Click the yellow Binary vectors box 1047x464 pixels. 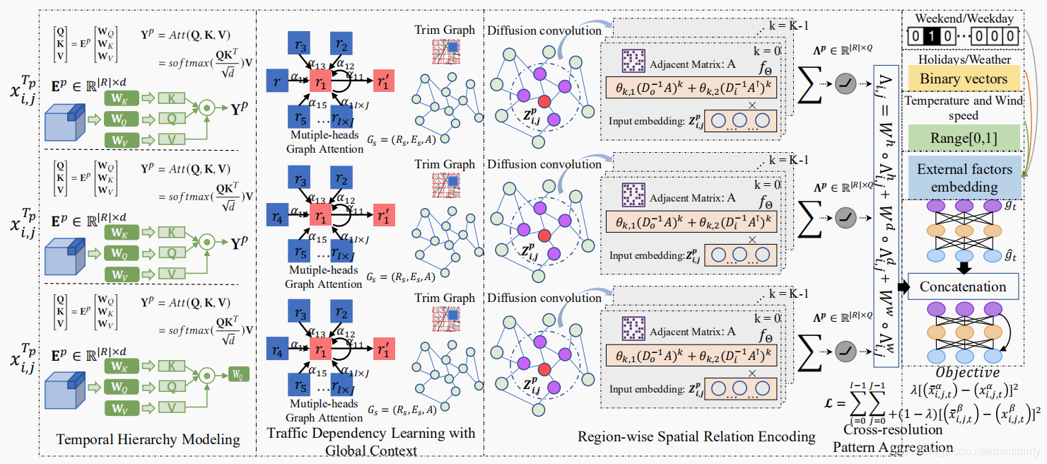click(x=962, y=79)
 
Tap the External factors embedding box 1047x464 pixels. click(x=964, y=178)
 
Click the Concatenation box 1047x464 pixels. click(x=962, y=286)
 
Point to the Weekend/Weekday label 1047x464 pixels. click(x=964, y=18)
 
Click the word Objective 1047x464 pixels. click(x=967, y=372)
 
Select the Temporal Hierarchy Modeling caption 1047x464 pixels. click(x=148, y=439)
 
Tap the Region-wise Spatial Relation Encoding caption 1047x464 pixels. click(x=696, y=436)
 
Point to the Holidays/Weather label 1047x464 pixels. click(x=964, y=59)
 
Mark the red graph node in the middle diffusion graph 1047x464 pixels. click(x=544, y=236)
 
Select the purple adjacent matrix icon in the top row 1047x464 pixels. click(x=631, y=63)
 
